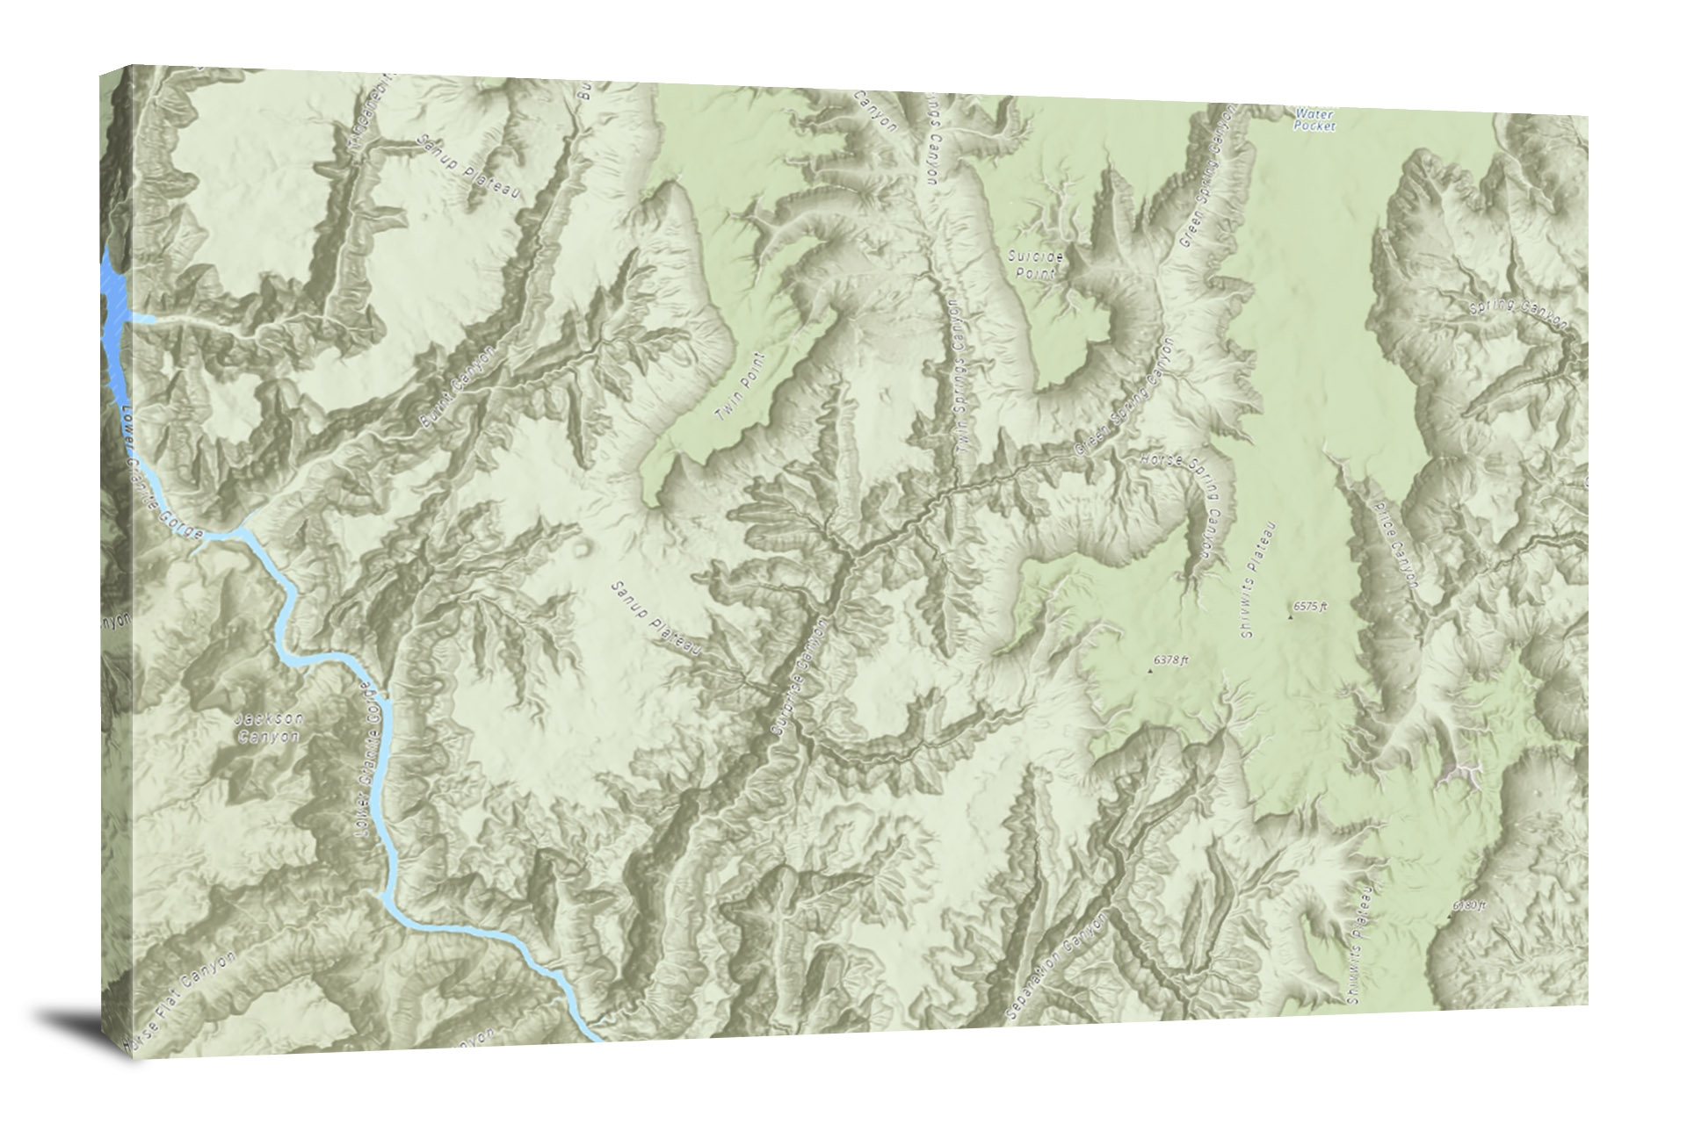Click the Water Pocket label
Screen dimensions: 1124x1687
(1314, 119)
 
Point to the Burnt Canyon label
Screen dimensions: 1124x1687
(458, 387)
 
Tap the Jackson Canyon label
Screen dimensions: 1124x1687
(270, 728)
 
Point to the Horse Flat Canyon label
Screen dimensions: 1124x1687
(180, 1001)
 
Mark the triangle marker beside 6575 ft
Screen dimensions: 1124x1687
(1290, 616)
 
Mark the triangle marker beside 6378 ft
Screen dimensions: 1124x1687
(1150, 671)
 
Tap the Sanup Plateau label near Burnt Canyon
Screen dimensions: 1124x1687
(468, 166)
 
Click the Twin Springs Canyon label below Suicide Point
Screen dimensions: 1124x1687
(961, 378)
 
